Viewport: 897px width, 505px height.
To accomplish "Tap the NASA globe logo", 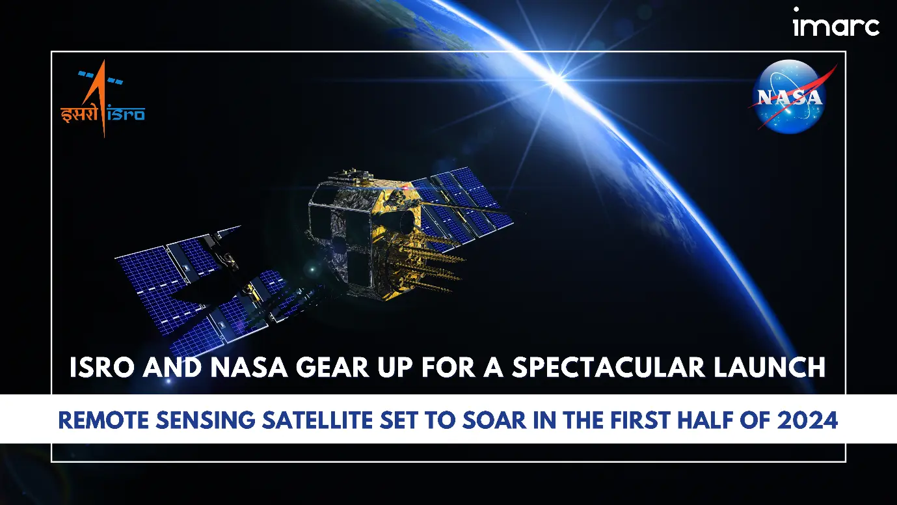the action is pyautogui.click(x=788, y=96).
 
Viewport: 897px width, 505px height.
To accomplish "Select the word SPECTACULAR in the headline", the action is pyautogui.click(x=608, y=367).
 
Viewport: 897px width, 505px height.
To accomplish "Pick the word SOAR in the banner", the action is pyautogui.click(x=494, y=420).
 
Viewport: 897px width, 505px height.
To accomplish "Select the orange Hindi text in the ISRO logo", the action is pyautogui.click(x=79, y=114).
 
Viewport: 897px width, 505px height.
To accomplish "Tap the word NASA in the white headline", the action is pyautogui.click(x=249, y=367).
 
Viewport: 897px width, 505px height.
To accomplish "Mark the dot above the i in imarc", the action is pyautogui.click(x=796, y=9).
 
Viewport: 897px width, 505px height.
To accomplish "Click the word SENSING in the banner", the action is pyautogui.click(x=205, y=420).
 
